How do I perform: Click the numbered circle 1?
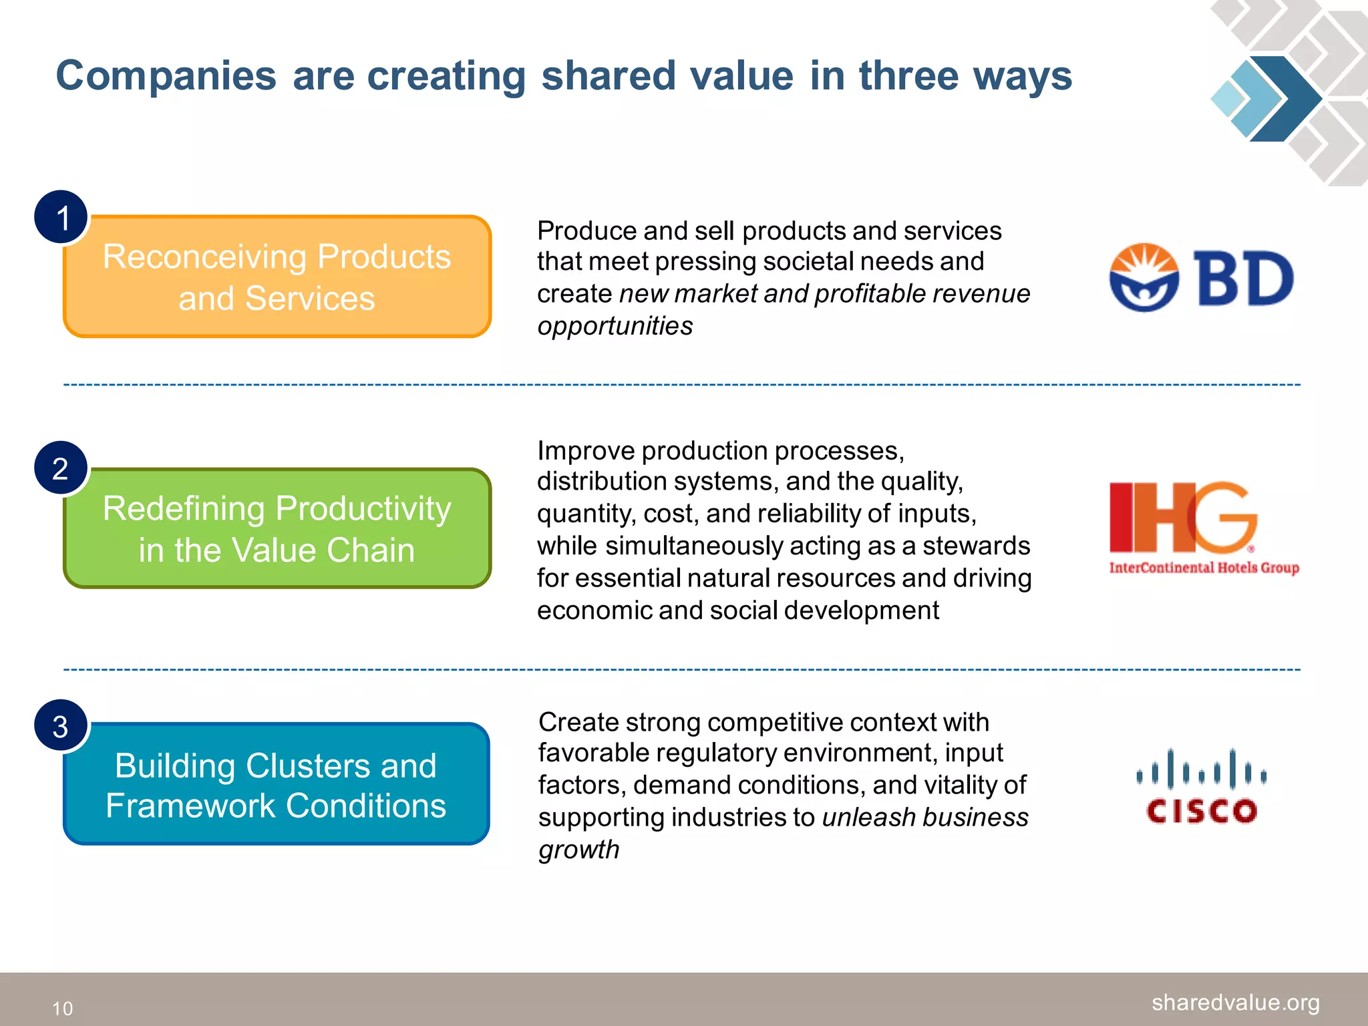[61, 217]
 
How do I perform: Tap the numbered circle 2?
[61, 468]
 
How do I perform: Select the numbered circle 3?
[61, 726]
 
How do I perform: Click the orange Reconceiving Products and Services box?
[277, 277]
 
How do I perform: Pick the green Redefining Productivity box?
[277, 529]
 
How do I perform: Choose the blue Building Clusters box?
[277, 785]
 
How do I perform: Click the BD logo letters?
[1244, 279]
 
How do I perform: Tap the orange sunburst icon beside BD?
[1144, 277]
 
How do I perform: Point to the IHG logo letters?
[1182, 516]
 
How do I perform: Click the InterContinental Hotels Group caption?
[1204, 568]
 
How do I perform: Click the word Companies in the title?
[166, 75]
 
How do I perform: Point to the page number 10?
[63, 1008]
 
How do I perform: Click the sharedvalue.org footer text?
[1235, 1002]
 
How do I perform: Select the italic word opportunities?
[615, 326]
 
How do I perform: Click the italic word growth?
[578, 850]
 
